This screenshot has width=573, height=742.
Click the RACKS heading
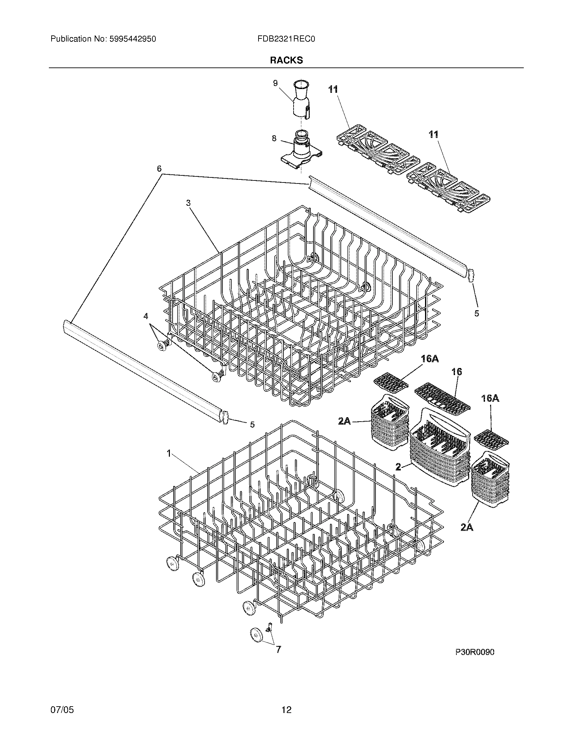(x=286, y=60)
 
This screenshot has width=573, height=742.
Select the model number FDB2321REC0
(x=286, y=39)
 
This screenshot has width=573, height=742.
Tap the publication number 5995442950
(x=132, y=39)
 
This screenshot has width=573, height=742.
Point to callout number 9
(x=275, y=83)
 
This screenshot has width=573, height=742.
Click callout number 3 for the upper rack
(x=188, y=203)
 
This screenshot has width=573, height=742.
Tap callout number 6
(x=159, y=169)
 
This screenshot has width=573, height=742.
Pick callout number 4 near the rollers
(x=146, y=316)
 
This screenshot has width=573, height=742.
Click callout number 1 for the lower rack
(x=169, y=453)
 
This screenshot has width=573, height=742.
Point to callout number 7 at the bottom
(x=278, y=649)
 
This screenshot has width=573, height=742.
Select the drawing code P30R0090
(x=475, y=652)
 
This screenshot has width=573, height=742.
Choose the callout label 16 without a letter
(x=457, y=372)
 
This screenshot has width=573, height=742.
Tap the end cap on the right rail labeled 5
(x=471, y=275)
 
